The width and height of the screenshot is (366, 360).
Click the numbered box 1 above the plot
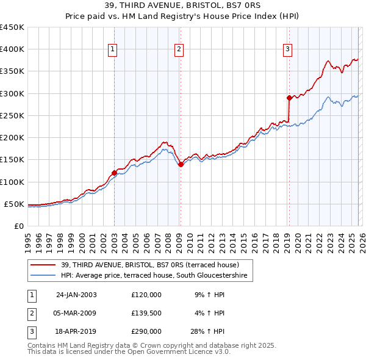point(113,50)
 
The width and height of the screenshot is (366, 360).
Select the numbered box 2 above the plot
point(179,50)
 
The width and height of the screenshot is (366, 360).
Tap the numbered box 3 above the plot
point(287,50)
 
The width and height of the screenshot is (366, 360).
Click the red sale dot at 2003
point(114,173)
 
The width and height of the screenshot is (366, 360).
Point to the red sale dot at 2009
point(181,164)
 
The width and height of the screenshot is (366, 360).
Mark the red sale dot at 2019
point(289,98)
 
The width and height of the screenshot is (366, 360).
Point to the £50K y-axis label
point(14,204)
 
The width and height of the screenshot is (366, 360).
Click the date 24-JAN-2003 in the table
point(76,295)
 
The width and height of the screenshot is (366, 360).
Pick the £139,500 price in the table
point(146,313)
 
